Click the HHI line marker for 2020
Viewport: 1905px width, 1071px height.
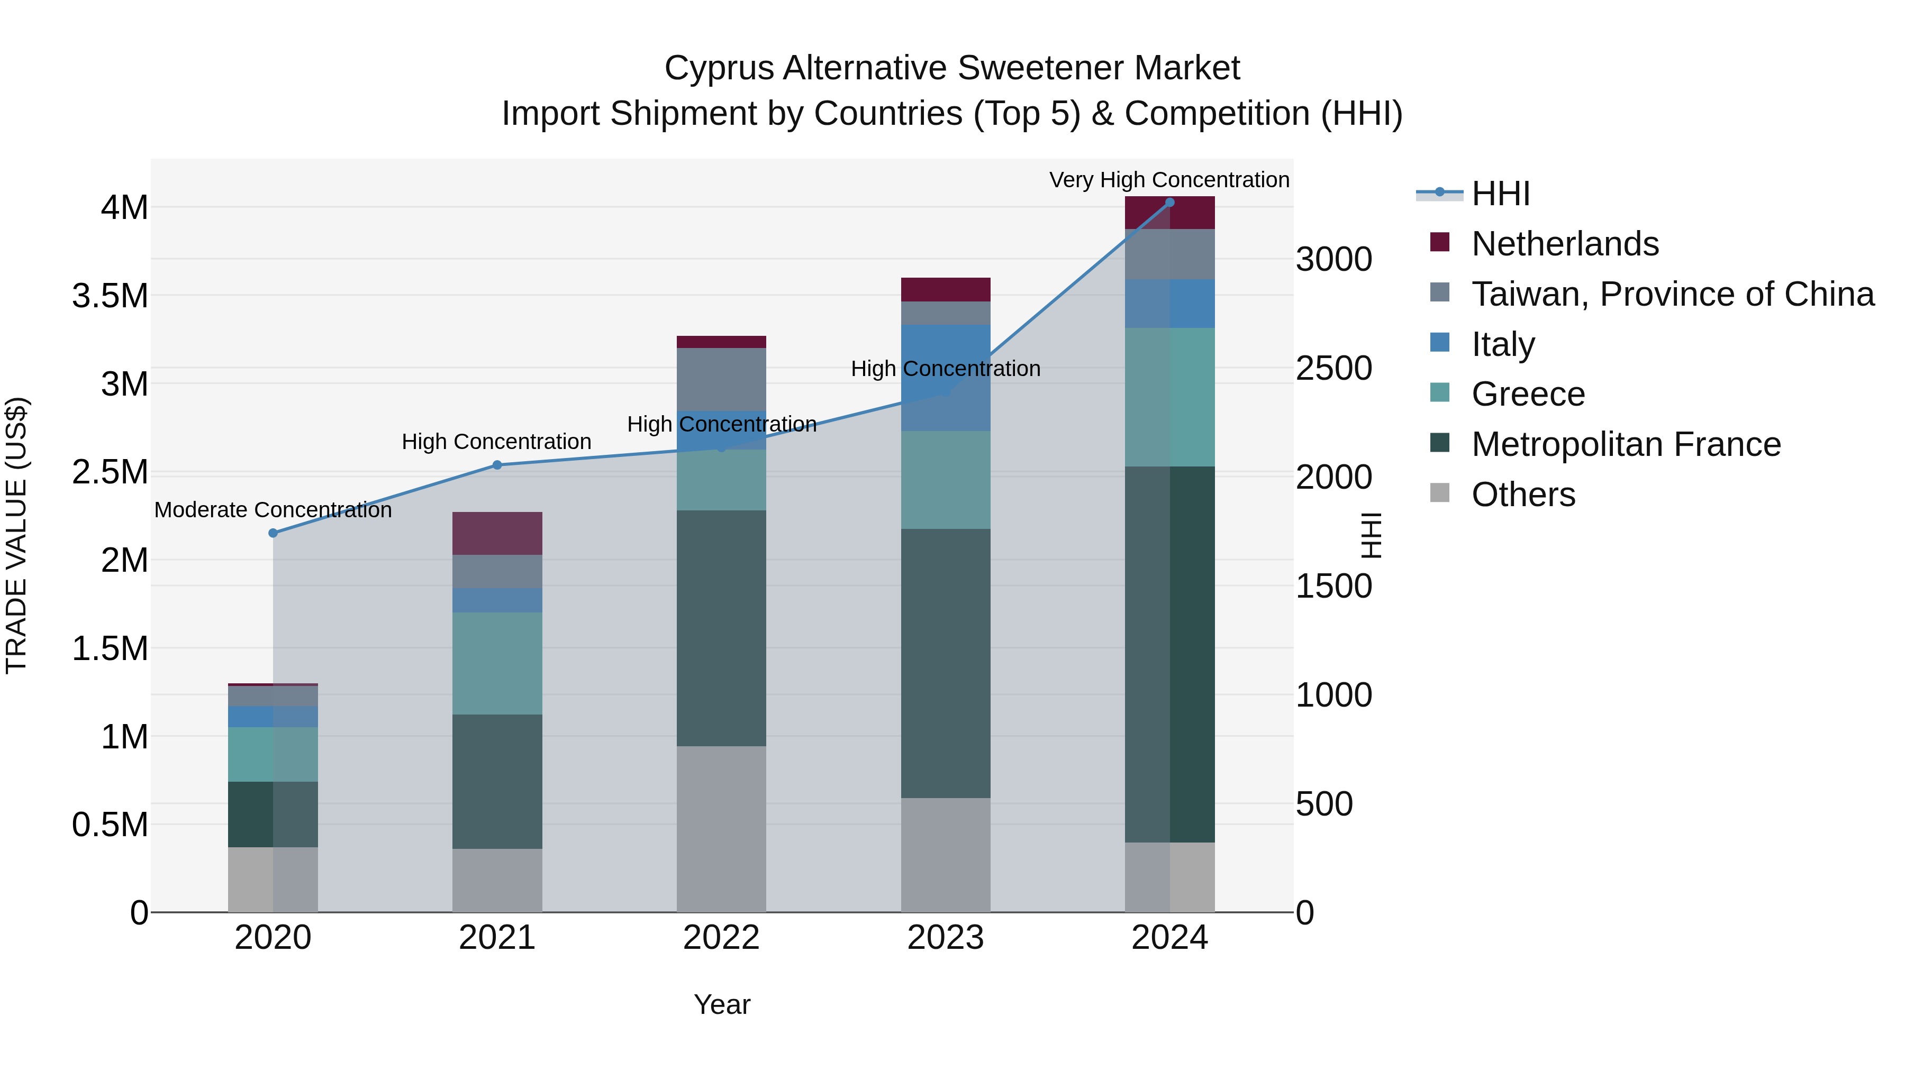(273, 533)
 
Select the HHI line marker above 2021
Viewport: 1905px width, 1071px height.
(497, 465)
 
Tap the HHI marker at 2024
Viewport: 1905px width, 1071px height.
(1169, 203)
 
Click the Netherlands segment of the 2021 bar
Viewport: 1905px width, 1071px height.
(497, 533)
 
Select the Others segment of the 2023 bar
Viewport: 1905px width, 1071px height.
(945, 855)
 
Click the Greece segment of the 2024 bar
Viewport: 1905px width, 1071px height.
(1169, 397)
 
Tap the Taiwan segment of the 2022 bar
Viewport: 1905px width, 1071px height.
(721, 379)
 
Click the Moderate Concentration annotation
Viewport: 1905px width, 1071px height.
(273, 510)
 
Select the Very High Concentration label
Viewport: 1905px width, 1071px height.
(1169, 180)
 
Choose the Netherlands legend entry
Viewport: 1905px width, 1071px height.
(1565, 244)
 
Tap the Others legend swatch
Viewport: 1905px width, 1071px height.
(1440, 493)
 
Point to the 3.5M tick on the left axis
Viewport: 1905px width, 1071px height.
(110, 296)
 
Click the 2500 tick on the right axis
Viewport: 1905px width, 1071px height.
(1333, 368)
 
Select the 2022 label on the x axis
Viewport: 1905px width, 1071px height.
(721, 938)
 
